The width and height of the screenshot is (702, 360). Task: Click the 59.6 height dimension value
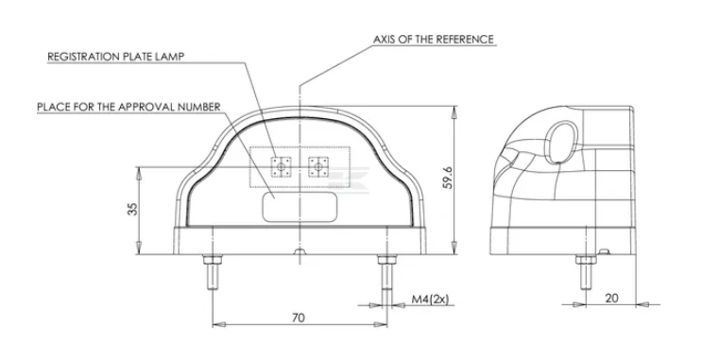[447, 178]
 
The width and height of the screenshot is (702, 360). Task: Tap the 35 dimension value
[132, 209]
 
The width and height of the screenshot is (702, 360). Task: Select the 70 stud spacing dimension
[299, 317]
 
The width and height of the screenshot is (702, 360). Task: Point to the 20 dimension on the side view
[611, 298]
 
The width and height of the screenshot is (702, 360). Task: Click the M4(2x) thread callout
[430, 300]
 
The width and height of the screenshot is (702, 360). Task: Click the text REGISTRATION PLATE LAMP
[116, 57]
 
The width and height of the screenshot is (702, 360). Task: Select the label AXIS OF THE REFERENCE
[434, 40]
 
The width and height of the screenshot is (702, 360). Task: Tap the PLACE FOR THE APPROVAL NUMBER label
[128, 107]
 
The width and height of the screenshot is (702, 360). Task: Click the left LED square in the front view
[282, 166]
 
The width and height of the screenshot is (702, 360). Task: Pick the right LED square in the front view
[318, 166]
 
